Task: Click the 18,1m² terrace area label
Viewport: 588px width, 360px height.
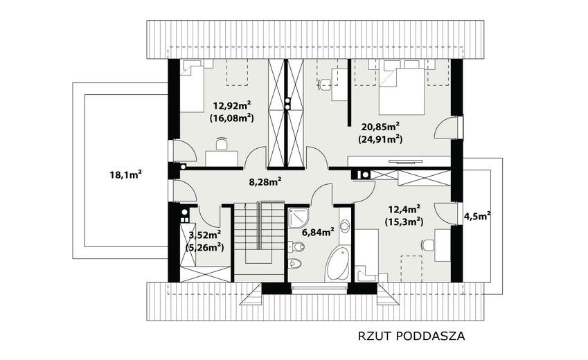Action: point(125,174)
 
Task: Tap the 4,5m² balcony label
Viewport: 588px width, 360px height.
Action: point(477,217)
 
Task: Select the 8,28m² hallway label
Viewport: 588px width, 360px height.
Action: point(265,182)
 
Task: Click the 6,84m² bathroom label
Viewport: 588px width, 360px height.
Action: point(318,233)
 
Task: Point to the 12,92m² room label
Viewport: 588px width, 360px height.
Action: point(232,105)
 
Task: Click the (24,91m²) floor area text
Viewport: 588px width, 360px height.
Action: point(380,140)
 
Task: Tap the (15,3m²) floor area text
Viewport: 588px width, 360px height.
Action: point(404,222)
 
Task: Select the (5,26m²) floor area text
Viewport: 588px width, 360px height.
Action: point(205,248)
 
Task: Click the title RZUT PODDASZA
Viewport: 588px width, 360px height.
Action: point(411,336)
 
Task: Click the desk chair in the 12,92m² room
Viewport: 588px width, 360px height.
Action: point(222,143)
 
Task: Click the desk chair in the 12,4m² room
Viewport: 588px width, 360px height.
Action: point(428,245)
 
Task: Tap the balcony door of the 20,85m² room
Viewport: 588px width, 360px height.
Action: point(447,128)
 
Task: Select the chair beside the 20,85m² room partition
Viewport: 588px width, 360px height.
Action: point(325,85)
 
